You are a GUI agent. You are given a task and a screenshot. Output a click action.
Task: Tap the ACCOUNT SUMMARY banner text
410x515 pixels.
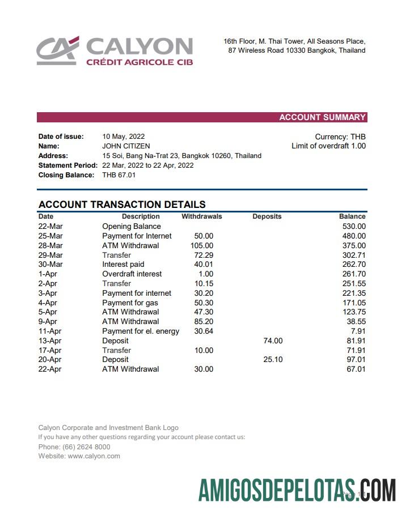click(322, 117)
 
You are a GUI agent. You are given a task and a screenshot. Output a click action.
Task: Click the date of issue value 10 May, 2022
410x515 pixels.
click(123, 137)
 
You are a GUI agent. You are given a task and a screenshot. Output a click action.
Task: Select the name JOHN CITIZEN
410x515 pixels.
click(126, 146)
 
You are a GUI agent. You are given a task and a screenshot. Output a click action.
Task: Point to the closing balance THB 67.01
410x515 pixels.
click(119, 175)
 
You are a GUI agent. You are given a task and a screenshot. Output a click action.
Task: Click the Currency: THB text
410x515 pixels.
click(340, 137)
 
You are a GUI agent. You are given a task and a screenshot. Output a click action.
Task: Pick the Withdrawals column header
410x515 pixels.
click(201, 216)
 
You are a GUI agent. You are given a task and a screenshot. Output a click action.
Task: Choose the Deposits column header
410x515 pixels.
click(267, 216)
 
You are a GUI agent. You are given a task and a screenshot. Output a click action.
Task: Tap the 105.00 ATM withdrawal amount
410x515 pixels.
click(202, 245)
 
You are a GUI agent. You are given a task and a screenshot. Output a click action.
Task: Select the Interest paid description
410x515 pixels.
click(123, 265)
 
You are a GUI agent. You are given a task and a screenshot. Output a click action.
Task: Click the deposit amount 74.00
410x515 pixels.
click(273, 341)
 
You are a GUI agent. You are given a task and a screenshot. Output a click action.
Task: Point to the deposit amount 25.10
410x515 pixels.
click(273, 360)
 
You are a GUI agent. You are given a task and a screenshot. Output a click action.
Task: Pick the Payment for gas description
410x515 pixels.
click(130, 303)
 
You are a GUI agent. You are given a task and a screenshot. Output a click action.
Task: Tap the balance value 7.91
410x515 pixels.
click(358, 331)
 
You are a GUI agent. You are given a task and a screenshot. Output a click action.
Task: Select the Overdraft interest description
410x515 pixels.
click(132, 274)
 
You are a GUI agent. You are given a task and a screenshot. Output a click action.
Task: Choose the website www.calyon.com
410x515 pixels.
click(94, 456)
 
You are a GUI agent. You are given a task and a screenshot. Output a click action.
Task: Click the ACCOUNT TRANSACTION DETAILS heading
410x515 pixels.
click(122, 205)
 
